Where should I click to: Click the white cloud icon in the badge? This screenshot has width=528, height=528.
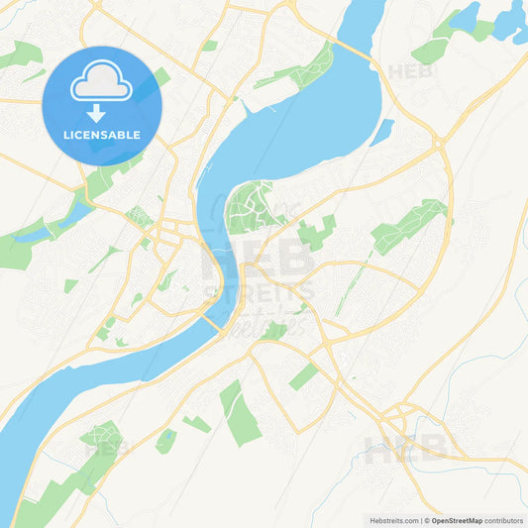coord(101,83)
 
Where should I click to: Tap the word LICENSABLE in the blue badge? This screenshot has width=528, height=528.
coord(101,134)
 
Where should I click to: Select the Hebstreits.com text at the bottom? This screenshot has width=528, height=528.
coord(392,520)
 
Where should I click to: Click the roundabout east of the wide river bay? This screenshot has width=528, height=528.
coord(439,145)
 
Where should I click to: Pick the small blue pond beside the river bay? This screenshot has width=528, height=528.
coord(381,130)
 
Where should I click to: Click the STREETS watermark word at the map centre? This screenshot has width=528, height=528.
coord(259,291)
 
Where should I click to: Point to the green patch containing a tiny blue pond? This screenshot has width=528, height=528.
coord(166,441)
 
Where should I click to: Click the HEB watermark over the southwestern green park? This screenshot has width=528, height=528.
coord(106,448)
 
